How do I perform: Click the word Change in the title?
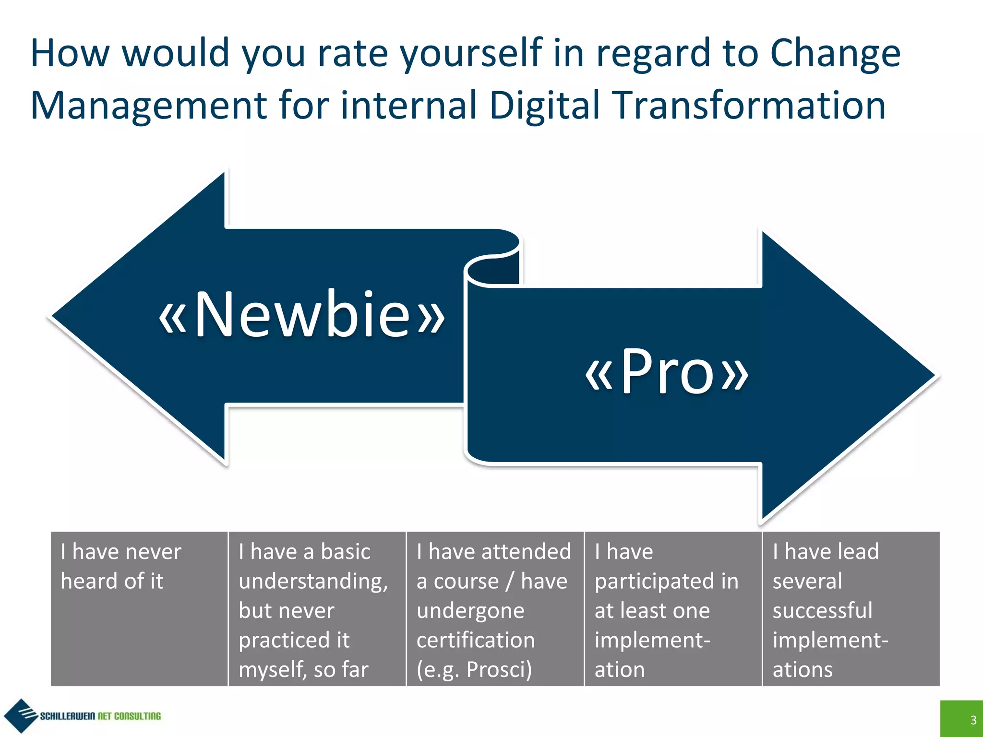click(835, 54)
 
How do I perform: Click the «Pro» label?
click(666, 372)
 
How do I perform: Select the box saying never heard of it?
click(139, 608)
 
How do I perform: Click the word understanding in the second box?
click(313, 582)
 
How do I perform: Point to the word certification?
click(475, 640)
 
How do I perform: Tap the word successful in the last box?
click(822, 611)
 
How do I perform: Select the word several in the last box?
click(807, 582)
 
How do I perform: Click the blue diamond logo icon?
click(20, 715)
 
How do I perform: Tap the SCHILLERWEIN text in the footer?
click(67, 716)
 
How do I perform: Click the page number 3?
click(973, 720)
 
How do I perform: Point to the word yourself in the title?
click(471, 54)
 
